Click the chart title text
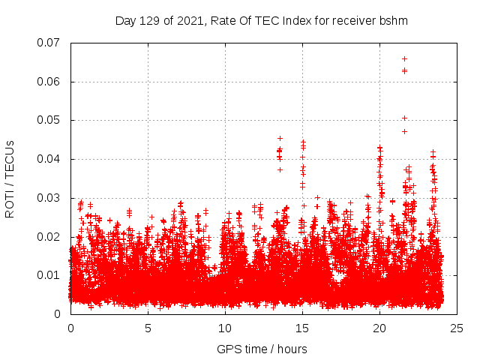(x=261, y=21)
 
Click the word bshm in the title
(x=393, y=21)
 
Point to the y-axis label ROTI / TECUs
(x=10, y=178)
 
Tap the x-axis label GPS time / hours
(x=262, y=349)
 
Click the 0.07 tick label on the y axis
(x=49, y=43)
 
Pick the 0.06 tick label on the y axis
(x=49, y=82)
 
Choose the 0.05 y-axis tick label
(x=49, y=120)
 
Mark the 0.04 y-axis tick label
(x=49, y=159)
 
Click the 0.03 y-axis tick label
(x=49, y=198)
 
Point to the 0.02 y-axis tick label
(x=49, y=236)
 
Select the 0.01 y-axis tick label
(x=49, y=275)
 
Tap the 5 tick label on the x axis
(x=148, y=328)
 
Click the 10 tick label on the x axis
(x=225, y=328)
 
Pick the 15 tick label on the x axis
(x=302, y=328)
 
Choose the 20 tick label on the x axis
(x=379, y=328)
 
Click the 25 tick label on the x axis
(x=457, y=328)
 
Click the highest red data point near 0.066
(x=404, y=58)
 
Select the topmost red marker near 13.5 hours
(x=280, y=138)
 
